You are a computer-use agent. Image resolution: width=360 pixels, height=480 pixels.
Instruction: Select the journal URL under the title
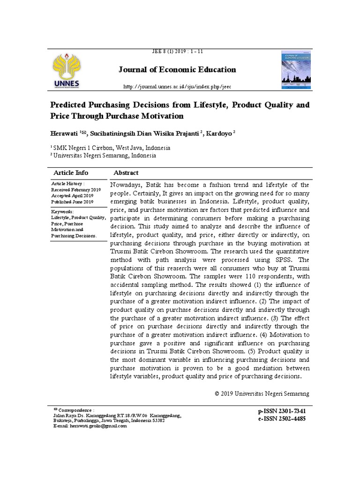click(177, 87)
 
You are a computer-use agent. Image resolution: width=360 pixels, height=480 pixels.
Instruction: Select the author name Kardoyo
click(219, 133)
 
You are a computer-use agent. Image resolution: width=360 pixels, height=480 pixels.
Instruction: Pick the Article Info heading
click(71, 172)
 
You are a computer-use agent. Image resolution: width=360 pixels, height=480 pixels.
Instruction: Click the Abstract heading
click(126, 172)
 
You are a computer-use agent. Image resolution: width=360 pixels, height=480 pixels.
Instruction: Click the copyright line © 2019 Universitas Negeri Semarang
click(262, 393)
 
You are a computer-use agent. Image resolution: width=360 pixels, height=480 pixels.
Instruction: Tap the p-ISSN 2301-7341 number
click(282, 411)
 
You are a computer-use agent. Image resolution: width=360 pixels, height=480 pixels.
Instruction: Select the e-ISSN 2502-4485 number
click(282, 419)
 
